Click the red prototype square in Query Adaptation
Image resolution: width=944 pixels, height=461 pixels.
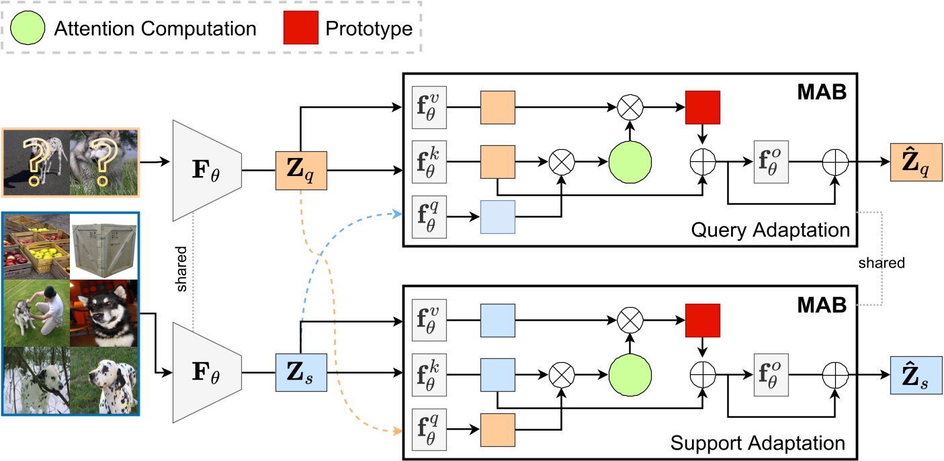(x=703, y=108)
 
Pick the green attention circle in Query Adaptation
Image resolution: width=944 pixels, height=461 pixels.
(x=630, y=162)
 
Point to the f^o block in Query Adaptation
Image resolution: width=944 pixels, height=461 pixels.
(x=770, y=162)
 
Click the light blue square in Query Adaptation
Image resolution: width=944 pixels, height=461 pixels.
(x=497, y=216)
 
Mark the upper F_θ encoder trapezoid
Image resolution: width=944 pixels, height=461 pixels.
(x=207, y=170)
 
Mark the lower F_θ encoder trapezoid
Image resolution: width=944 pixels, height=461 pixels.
(x=207, y=372)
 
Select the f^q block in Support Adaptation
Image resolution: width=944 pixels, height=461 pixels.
(x=428, y=430)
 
